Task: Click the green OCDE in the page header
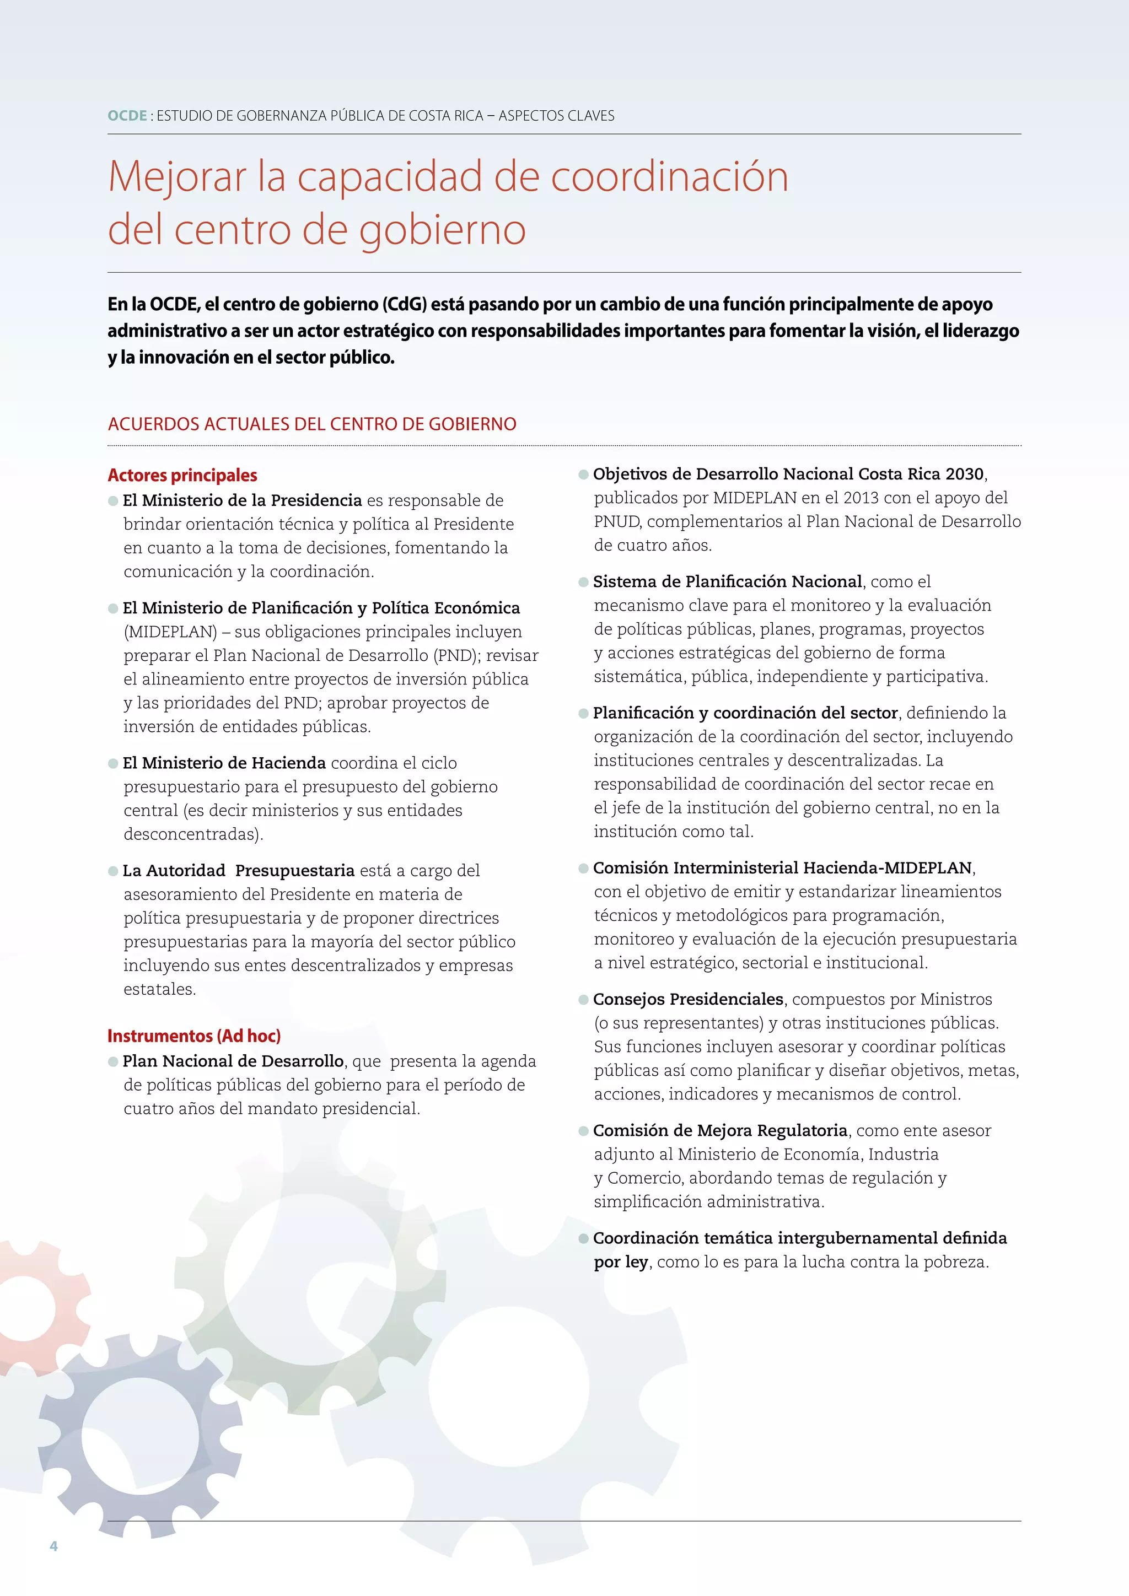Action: pyautogui.click(x=127, y=115)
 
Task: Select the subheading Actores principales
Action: pyautogui.click(x=182, y=476)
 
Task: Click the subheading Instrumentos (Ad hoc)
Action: pyautogui.click(x=194, y=1036)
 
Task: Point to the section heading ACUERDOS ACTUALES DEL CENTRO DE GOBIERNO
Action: pyautogui.click(x=312, y=424)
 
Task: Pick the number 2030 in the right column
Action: pyautogui.click(x=964, y=474)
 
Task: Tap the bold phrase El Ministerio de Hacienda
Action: pyautogui.click(x=224, y=763)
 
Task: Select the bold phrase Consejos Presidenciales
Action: pyautogui.click(x=687, y=999)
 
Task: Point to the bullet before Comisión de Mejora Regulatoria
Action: pyautogui.click(x=584, y=1131)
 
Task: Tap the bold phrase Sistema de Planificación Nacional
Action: pyautogui.click(x=727, y=581)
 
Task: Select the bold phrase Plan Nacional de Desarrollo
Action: pyautogui.click(x=233, y=1061)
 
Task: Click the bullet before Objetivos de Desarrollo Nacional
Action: pyautogui.click(x=584, y=475)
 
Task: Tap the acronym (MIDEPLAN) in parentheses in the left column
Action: pyautogui.click(x=170, y=632)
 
